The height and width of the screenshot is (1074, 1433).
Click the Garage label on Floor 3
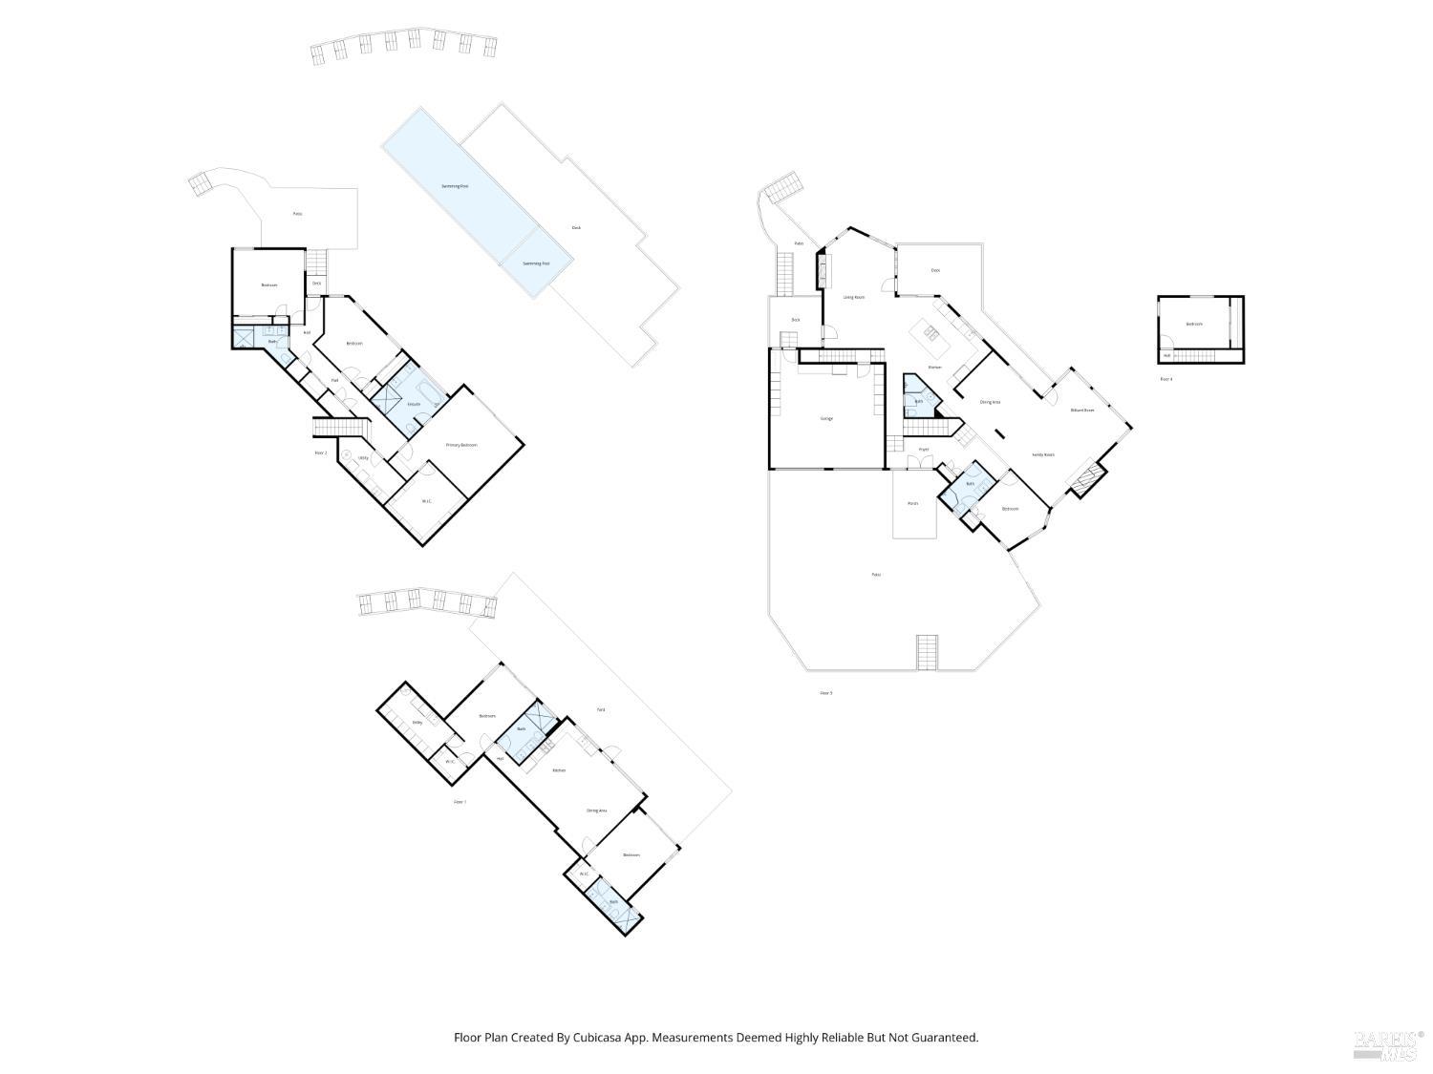click(x=826, y=418)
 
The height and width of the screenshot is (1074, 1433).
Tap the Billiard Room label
click(x=1081, y=410)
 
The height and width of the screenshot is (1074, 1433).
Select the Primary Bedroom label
click(x=460, y=445)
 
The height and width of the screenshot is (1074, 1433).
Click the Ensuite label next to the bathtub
click(x=414, y=404)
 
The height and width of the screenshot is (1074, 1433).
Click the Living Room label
click(x=853, y=298)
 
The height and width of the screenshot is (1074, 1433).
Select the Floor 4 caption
click(x=1166, y=379)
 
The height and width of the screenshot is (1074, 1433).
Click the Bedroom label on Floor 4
click(x=1194, y=324)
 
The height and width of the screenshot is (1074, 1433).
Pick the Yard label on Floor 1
click(x=600, y=709)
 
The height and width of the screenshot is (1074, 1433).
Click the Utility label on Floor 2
click(x=363, y=458)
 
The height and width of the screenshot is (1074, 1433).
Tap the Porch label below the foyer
click(x=912, y=503)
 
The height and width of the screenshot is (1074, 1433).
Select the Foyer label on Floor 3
click(x=923, y=449)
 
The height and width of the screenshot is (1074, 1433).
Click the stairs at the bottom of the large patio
click(x=928, y=652)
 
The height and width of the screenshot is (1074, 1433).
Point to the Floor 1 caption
click(x=460, y=802)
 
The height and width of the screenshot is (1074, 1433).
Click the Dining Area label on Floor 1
click(x=596, y=811)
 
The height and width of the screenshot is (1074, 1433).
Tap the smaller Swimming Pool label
click(x=536, y=263)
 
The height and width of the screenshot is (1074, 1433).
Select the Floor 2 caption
click(x=321, y=453)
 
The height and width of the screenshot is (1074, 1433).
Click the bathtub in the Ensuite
click(x=429, y=394)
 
